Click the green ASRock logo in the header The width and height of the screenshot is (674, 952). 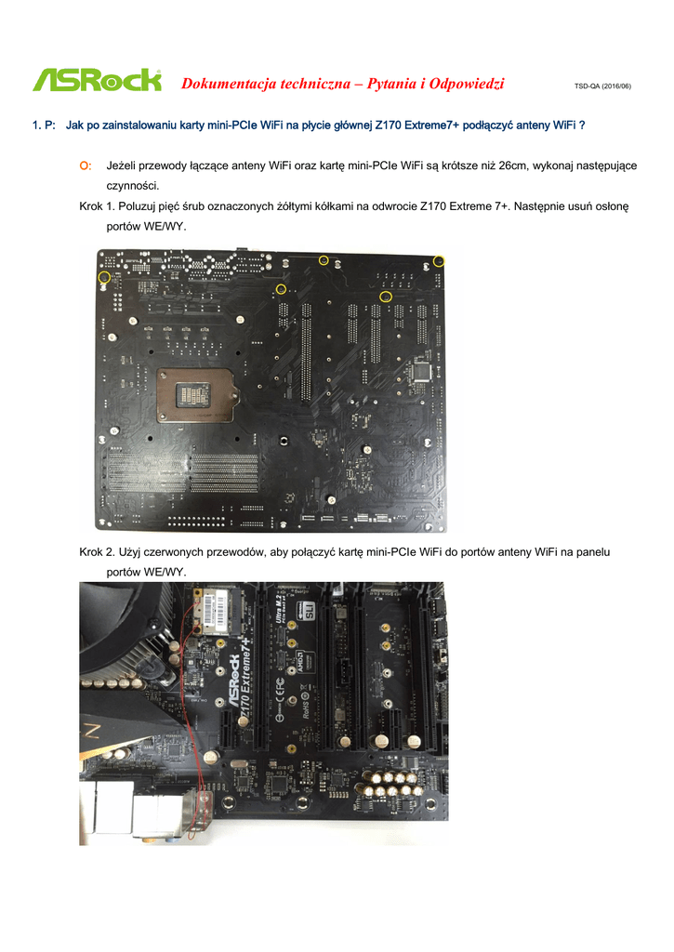pyautogui.click(x=98, y=80)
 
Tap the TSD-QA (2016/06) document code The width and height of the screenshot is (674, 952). pyautogui.click(x=602, y=86)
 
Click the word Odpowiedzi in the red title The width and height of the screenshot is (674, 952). pyautogui.click(x=467, y=84)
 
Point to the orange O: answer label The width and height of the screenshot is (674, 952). pyautogui.click(x=86, y=165)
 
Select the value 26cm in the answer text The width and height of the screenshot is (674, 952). pyautogui.click(x=512, y=165)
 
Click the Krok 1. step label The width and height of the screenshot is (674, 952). pyautogui.click(x=97, y=206)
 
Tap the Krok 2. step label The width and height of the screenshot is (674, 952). pyautogui.click(x=97, y=552)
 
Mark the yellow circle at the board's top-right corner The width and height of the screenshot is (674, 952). pyautogui.click(x=439, y=261)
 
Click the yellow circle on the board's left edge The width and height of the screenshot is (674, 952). pyautogui.click(x=104, y=277)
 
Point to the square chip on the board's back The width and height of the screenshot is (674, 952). pyautogui.click(x=420, y=370)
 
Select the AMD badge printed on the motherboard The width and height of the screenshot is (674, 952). pyautogui.click(x=300, y=661)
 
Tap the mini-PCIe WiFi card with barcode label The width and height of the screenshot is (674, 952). pyautogui.click(x=218, y=609)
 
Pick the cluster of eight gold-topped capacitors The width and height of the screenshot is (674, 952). pyautogui.click(x=390, y=784)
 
